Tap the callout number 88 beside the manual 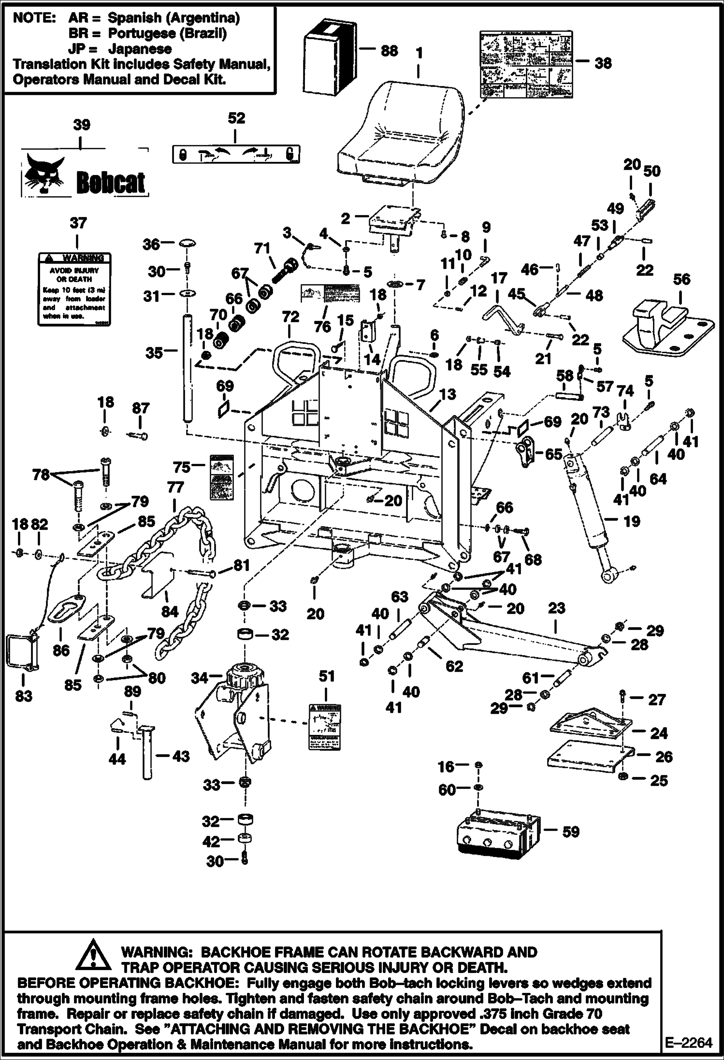(x=389, y=50)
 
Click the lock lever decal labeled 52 (x=236, y=155)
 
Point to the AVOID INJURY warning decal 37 (x=74, y=288)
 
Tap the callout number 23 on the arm (x=556, y=608)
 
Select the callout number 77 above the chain (x=175, y=488)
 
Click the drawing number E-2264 (x=689, y=1042)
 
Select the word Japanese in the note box (x=140, y=48)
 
